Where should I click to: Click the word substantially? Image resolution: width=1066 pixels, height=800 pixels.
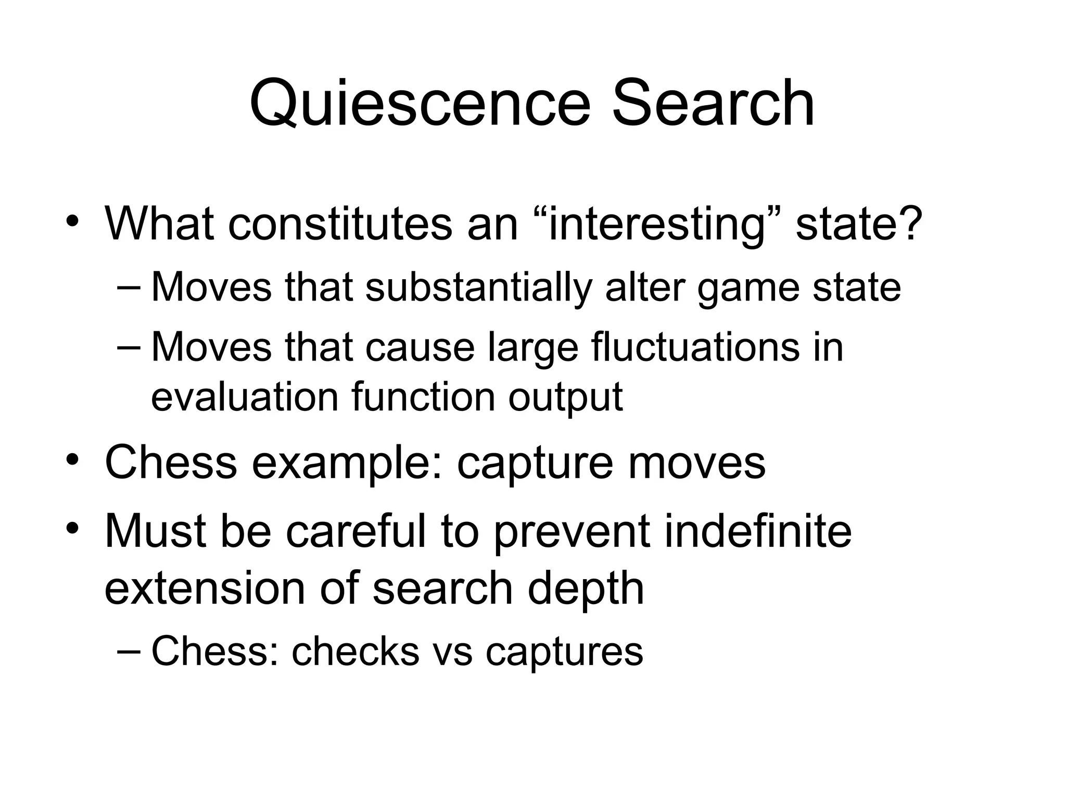pyautogui.click(x=478, y=287)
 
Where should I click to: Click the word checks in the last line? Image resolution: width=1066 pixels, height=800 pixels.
pyautogui.click(x=356, y=651)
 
